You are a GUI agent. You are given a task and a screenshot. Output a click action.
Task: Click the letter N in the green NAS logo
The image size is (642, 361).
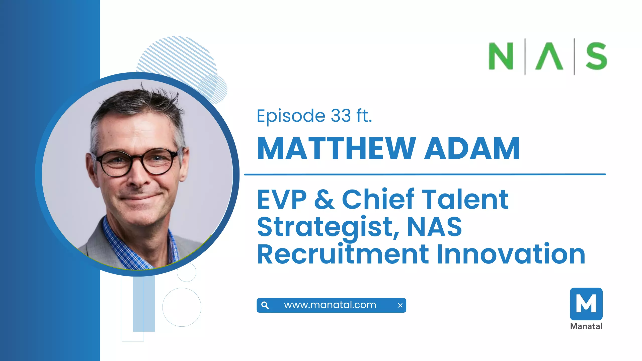click(501, 56)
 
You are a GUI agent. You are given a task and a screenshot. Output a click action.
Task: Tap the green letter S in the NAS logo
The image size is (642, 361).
click(596, 56)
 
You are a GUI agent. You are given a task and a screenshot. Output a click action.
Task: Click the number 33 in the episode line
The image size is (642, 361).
click(341, 116)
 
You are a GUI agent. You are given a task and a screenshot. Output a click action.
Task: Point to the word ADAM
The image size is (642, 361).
click(472, 148)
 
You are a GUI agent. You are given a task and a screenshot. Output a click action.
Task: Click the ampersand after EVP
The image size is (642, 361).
click(324, 199)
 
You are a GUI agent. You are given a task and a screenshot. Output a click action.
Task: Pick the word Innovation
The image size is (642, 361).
click(511, 254)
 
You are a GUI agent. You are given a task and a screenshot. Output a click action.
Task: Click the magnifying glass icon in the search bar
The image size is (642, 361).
click(265, 305)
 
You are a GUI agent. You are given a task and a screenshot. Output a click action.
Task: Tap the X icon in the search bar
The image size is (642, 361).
click(400, 305)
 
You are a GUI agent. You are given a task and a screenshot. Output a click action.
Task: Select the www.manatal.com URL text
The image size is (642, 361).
click(330, 305)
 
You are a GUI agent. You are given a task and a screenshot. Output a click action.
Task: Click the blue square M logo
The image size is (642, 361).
click(586, 304)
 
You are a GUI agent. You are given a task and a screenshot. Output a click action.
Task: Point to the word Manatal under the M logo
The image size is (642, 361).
click(586, 326)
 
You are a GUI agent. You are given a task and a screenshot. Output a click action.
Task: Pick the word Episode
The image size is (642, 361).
click(291, 116)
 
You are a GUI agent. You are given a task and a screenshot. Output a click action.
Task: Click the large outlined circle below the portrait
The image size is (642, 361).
click(182, 307)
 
